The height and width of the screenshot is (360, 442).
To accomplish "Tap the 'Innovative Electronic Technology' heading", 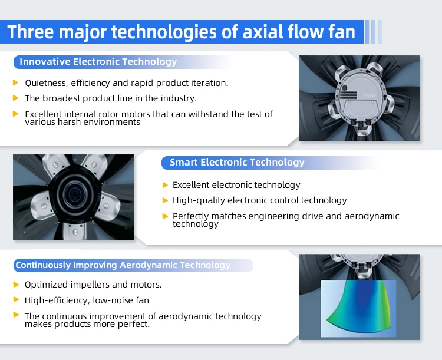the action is point(98,61).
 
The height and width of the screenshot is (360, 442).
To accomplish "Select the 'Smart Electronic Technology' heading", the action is point(237,163).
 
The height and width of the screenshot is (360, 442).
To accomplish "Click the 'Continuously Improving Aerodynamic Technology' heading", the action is point(123,265).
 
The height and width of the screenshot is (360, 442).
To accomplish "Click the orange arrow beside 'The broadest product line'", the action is point(16,98).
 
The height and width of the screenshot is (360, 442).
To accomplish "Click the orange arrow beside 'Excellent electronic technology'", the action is point(166,185).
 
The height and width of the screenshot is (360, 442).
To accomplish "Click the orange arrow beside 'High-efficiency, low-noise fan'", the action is point(16,299).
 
